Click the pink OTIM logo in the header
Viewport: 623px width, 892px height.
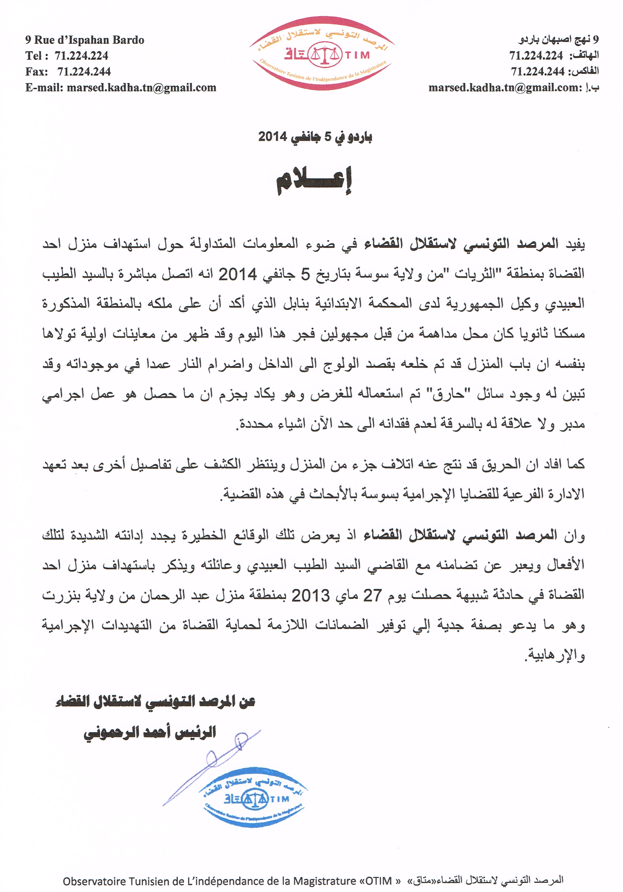(x=322, y=54)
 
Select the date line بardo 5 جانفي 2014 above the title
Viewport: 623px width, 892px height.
(x=315, y=137)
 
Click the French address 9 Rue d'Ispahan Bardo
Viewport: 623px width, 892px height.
(x=85, y=40)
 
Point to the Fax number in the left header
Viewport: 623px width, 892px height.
(x=84, y=71)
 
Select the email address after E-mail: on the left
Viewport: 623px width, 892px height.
(x=141, y=88)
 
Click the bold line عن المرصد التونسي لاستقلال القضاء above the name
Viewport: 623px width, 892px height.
(x=155, y=702)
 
